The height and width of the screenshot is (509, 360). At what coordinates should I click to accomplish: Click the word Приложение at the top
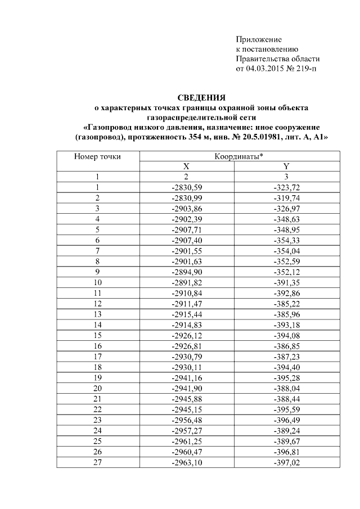pyautogui.click(x=258, y=40)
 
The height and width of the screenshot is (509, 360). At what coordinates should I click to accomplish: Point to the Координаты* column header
pyautogui.click(x=240, y=156)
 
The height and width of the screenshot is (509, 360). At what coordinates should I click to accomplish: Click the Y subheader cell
pyautogui.click(x=286, y=166)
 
